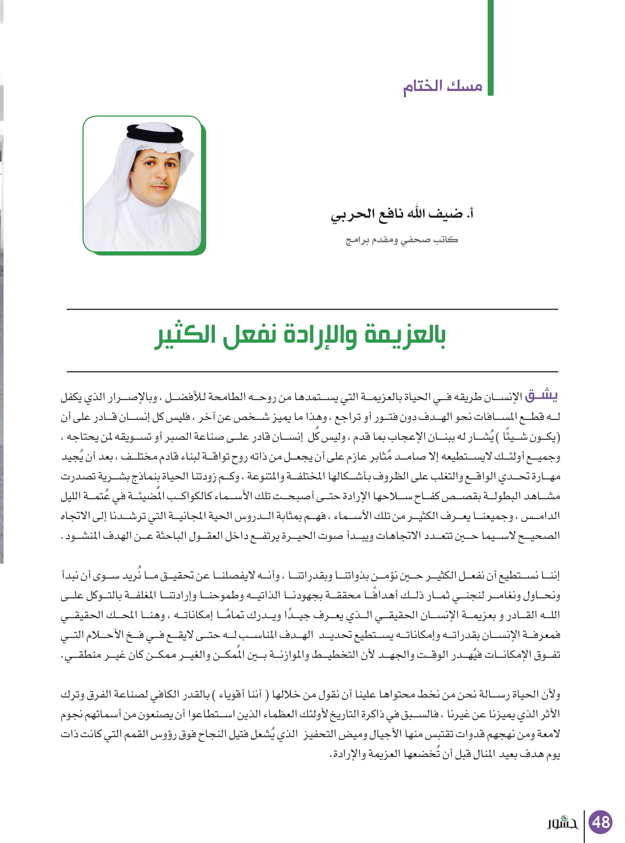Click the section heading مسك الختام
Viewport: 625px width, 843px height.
click(442, 86)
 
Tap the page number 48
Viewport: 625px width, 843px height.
click(600, 822)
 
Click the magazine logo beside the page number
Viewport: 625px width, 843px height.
click(562, 823)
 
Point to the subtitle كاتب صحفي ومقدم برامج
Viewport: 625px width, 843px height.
click(402, 240)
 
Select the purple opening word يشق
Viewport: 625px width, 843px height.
click(541, 396)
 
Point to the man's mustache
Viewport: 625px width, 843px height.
click(161, 184)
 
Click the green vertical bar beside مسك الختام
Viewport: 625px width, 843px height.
click(490, 48)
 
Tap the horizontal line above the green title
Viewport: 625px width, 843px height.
click(312, 309)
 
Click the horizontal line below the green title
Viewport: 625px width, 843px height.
click(312, 372)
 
